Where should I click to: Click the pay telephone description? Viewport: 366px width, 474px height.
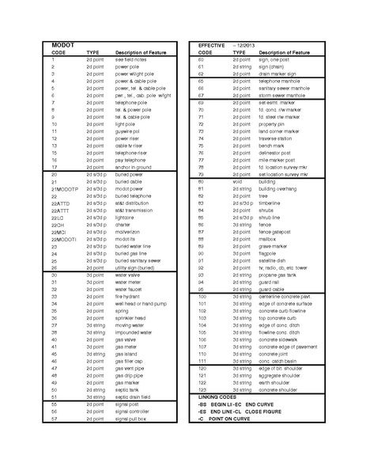[131, 160]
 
